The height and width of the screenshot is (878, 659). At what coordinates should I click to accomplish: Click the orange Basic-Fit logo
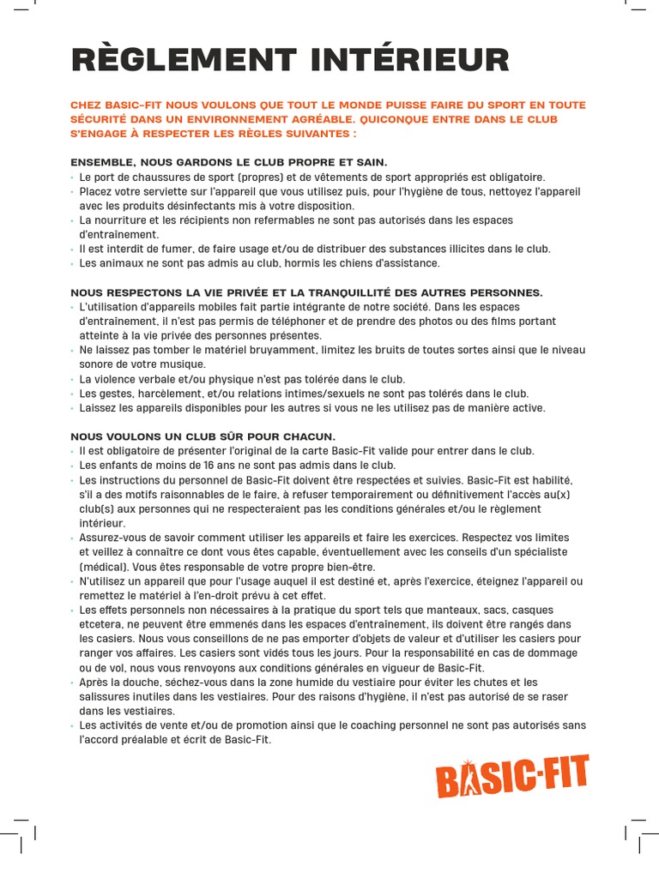(x=512, y=777)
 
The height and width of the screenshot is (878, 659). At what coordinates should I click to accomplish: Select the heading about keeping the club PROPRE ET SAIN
(x=229, y=162)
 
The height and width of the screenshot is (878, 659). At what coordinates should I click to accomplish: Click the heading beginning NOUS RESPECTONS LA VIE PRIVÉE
(x=306, y=292)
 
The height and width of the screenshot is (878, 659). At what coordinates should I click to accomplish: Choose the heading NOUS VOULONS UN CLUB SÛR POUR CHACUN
(x=203, y=436)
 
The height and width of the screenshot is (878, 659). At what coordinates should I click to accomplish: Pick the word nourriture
(x=120, y=220)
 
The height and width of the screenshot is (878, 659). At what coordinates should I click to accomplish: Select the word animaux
(x=124, y=263)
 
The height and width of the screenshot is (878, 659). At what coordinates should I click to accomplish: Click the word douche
(x=140, y=683)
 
